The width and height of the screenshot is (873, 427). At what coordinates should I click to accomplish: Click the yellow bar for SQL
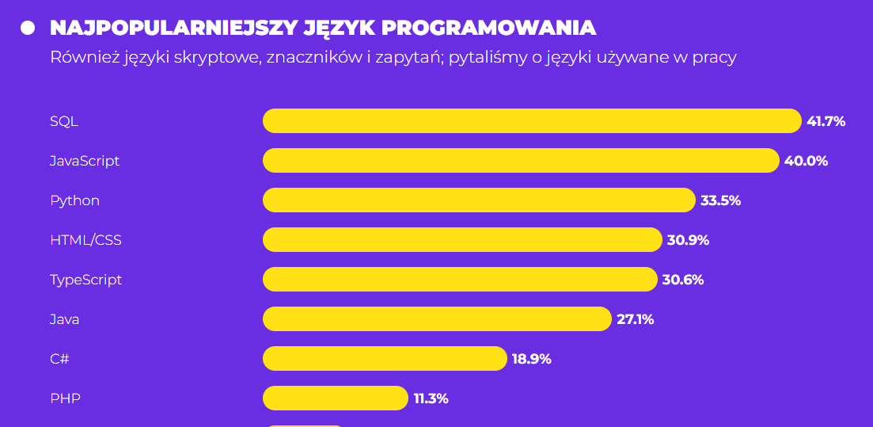pyautogui.click(x=532, y=121)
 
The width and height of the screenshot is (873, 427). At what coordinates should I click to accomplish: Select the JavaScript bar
pyautogui.click(x=521, y=161)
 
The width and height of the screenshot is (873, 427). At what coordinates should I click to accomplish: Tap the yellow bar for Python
pyautogui.click(x=479, y=200)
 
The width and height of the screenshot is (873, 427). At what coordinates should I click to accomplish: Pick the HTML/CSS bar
pyautogui.click(x=462, y=240)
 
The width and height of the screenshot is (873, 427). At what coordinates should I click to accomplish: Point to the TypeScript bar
pyautogui.click(x=460, y=280)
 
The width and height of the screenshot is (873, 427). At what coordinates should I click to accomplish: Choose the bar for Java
pyautogui.click(x=437, y=319)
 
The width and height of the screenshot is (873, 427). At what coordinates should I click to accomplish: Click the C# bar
pyautogui.click(x=385, y=359)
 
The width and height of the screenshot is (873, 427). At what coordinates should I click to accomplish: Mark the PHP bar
pyautogui.click(x=336, y=398)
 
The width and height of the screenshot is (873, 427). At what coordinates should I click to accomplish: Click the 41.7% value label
pyautogui.click(x=826, y=121)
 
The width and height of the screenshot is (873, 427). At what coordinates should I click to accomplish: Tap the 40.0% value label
pyautogui.click(x=806, y=161)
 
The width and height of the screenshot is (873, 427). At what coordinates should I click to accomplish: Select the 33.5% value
pyautogui.click(x=720, y=200)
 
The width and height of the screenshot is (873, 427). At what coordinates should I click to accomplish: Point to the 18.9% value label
pyautogui.click(x=531, y=359)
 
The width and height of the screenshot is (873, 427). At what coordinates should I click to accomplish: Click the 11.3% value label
pyautogui.click(x=431, y=398)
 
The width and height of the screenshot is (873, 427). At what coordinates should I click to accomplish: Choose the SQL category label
pyautogui.click(x=64, y=121)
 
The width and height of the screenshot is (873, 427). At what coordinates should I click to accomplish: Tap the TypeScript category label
pyautogui.click(x=85, y=280)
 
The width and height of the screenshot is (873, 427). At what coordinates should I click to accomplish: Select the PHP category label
pyautogui.click(x=65, y=398)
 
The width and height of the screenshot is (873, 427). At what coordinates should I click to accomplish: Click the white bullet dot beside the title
pyautogui.click(x=28, y=28)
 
